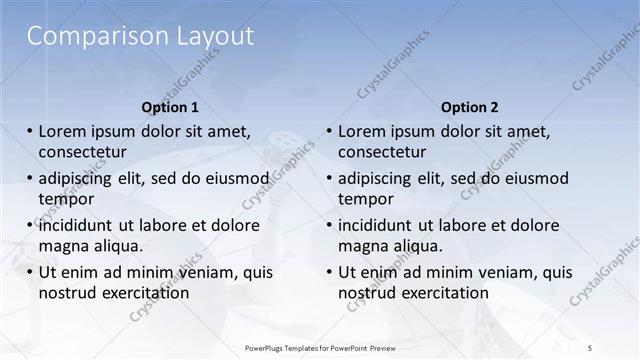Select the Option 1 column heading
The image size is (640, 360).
[x=171, y=107]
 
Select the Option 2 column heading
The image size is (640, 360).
[x=469, y=107]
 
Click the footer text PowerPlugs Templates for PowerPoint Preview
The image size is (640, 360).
[x=320, y=346]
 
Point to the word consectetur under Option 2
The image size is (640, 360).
[x=382, y=152]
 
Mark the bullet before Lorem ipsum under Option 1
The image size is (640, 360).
[x=30, y=132]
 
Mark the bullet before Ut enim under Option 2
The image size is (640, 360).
[x=330, y=273]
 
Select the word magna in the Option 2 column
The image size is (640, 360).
[x=362, y=246]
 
